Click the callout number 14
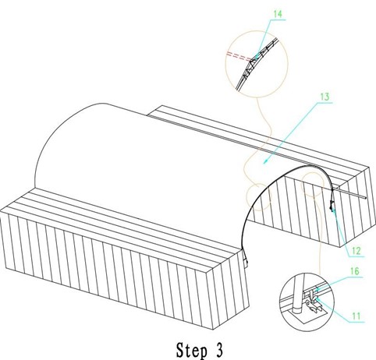(278, 14)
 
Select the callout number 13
(325, 97)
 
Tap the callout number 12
(356, 251)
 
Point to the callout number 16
(354, 271)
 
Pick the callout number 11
(356, 316)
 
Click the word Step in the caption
(192, 350)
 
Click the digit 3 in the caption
(219, 349)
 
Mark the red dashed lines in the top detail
(239, 56)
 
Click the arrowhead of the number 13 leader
(265, 161)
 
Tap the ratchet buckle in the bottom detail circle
(313, 302)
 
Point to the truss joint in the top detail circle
(252, 62)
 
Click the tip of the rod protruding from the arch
(366, 198)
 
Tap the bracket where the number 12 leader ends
(332, 206)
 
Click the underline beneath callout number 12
(355, 256)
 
